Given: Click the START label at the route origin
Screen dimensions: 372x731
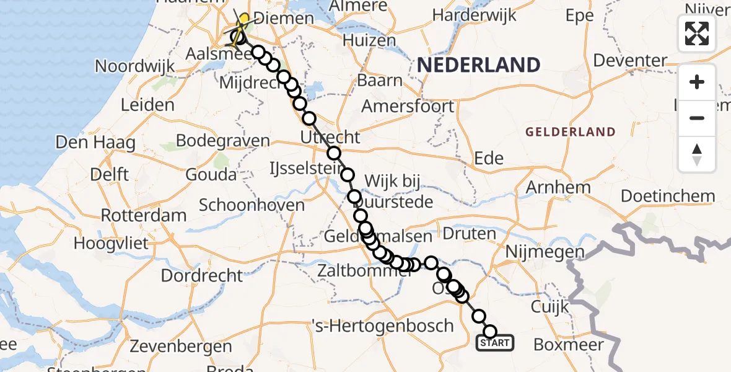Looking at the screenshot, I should click(494, 343).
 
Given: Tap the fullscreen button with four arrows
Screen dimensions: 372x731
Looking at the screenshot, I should click(697, 33).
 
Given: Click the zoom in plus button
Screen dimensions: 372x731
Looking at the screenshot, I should click(697, 82).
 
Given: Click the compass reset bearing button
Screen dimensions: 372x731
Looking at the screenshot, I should click(697, 154).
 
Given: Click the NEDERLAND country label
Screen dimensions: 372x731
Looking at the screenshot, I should click(478, 64).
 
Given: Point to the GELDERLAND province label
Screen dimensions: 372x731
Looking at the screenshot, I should click(571, 131).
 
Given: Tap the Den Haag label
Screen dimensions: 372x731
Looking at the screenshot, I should click(95, 143).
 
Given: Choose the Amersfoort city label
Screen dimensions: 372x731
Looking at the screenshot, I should click(408, 106).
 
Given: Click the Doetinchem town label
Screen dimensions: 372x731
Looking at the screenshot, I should click(667, 197).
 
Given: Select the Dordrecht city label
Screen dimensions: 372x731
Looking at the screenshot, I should click(202, 274).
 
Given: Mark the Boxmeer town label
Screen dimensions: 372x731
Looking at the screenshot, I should click(565, 344).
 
